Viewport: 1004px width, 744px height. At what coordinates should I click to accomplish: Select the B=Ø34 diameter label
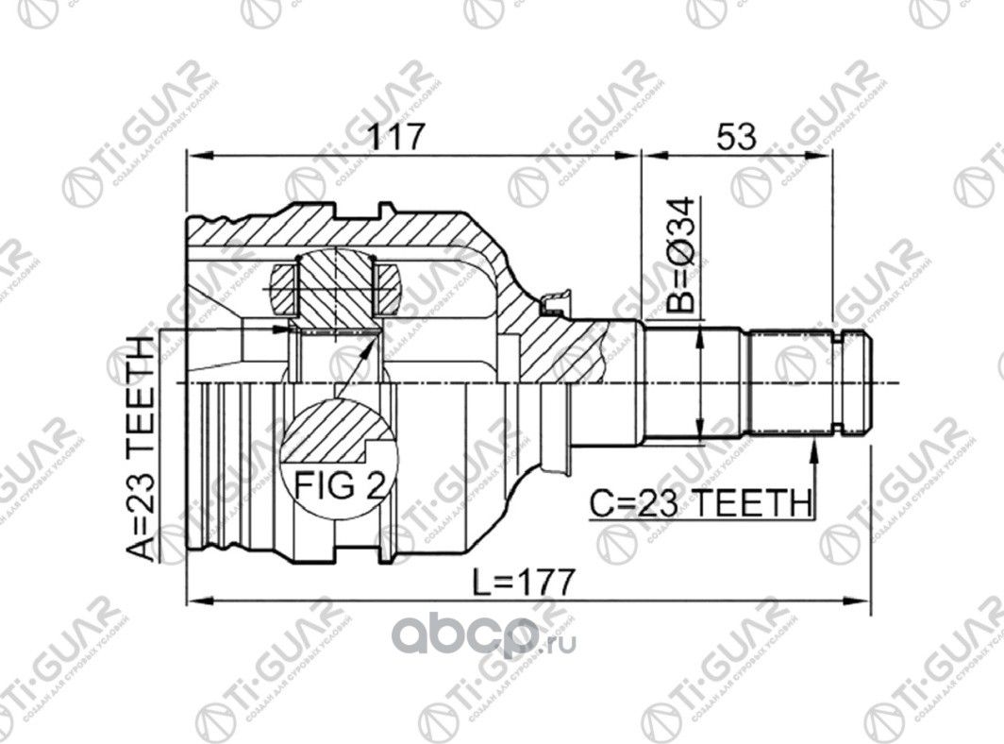682,255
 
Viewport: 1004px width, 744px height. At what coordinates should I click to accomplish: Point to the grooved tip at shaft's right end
854,382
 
